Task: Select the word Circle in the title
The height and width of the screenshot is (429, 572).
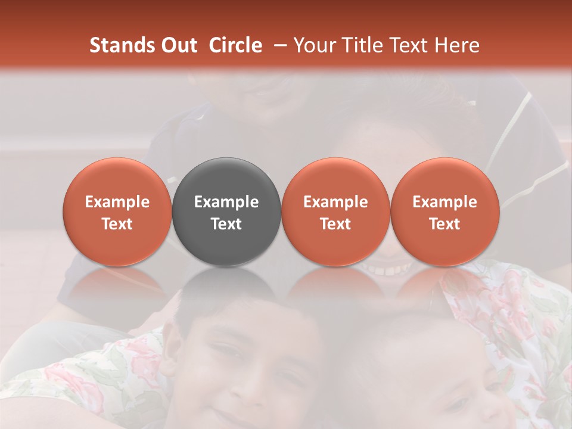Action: point(235,45)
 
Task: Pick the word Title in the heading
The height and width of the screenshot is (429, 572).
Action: point(363,45)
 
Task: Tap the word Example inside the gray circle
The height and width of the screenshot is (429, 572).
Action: point(226,202)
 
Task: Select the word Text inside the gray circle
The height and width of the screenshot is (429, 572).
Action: point(226,224)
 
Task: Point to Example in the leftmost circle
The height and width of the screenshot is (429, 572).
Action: point(117,202)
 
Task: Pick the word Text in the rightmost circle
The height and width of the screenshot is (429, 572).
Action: point(444,224)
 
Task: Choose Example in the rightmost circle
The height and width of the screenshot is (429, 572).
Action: point(444,202)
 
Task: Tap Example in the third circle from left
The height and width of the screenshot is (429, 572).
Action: point(335,202)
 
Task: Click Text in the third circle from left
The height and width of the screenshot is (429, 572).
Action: point(335,224)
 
